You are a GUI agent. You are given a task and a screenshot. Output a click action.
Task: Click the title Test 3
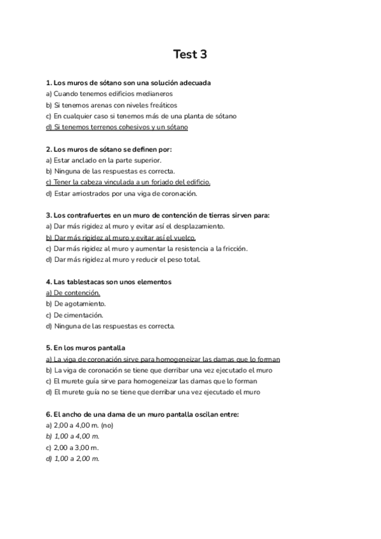point(190,55)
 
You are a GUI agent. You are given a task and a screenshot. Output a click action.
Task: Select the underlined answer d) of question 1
point(117,127)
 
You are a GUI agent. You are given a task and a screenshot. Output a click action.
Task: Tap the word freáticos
point(161,105)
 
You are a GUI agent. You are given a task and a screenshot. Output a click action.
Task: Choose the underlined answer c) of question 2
point(128,182)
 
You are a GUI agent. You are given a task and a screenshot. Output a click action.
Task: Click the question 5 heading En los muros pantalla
point(86,348)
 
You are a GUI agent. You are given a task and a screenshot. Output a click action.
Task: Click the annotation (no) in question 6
point(108,425)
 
